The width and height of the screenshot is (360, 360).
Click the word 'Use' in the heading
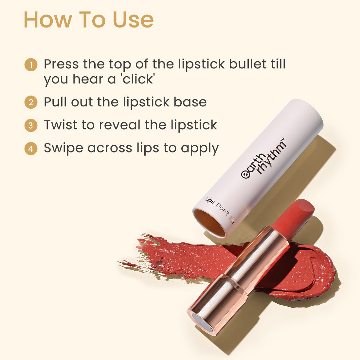coord(133,20)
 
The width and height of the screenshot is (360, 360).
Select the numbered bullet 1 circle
coord(31,64)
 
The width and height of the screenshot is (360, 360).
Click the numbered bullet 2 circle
coord(31,102)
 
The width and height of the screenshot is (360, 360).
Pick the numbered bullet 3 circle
coord(31,125)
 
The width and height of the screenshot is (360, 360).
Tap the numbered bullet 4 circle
coord(31,149)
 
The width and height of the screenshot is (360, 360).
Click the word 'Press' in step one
coord(61,64)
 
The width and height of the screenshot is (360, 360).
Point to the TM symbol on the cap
coord(283,140)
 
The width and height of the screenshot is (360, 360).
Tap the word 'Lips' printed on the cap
coord(209,200)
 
